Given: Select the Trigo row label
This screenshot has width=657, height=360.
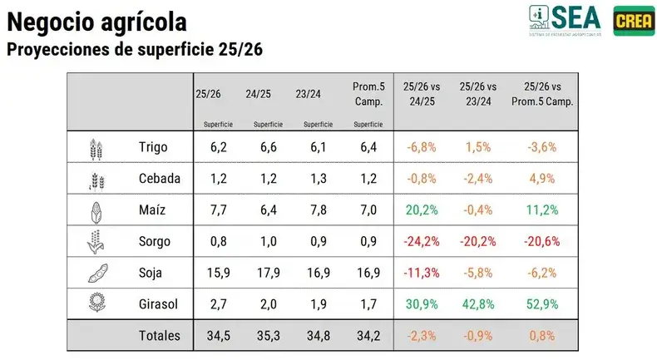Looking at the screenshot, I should pos(153,146).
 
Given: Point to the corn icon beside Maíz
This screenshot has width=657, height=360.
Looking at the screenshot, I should pos(96,210).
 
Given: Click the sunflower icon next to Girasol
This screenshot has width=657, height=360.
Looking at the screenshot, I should pos(96,304).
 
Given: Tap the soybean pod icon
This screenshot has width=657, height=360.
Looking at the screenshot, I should pos(96,273).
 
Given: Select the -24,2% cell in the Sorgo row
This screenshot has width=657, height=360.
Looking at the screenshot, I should pos(422,241).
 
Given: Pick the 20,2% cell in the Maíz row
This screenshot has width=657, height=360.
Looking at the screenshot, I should pos(422,210).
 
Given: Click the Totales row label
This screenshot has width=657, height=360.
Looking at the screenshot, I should pos(160,336).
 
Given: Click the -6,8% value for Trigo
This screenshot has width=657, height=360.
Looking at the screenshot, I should pos(422,146).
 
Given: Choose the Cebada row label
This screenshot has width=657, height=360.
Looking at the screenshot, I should pos(158,178).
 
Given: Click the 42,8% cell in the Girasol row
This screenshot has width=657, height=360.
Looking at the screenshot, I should pos(477,304).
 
